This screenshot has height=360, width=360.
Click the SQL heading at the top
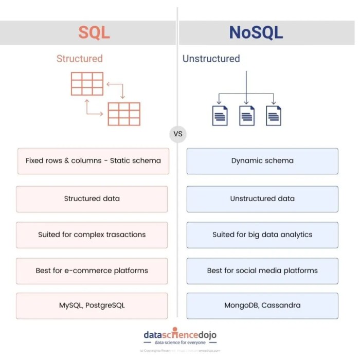(94, 32)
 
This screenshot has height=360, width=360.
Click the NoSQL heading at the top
(256, 32)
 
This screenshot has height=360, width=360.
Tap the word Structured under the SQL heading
(80, 59)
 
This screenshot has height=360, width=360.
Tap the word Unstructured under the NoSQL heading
(211, 59)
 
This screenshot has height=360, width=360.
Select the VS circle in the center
(178, 134)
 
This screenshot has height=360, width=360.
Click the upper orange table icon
(87, 84)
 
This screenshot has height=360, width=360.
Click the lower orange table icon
(123, 114)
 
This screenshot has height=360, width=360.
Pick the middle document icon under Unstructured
(247, 115)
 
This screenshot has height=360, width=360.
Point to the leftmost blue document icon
(220, 115)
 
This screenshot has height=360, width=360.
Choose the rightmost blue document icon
(274, 115)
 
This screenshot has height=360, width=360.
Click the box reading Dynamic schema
(262, 160)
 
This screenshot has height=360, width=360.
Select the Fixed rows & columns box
(93, 160)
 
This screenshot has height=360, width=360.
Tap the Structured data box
(92, 199)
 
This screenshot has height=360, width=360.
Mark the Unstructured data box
(262, 199)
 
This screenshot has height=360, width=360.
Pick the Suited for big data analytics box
(262, 235)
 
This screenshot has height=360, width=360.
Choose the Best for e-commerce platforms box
(92, 271)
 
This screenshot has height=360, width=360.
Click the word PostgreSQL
(105, 305)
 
